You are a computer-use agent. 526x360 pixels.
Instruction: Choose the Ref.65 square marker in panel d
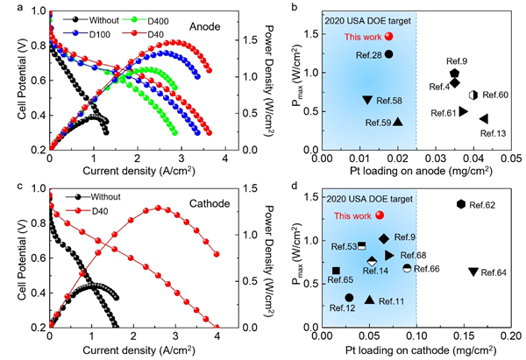tap(336, 271)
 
